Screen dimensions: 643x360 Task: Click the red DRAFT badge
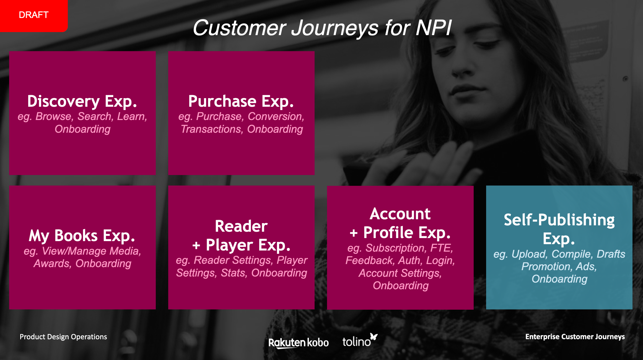tap(33, 15)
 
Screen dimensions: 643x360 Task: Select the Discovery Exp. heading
tap(82, 101)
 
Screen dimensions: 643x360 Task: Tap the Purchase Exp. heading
tap(241, 101)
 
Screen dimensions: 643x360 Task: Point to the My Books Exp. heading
tap(82, 236)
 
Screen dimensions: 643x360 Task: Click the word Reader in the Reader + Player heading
tap(241, 226)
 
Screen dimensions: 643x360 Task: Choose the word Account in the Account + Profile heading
tap(400, 214)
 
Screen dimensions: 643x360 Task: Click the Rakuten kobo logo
tap(298, 343)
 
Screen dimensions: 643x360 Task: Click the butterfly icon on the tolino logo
tap(374, 336)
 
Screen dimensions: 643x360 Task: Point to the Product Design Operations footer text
tap(63, 337)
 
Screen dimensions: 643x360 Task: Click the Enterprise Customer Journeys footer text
tap(575, 337)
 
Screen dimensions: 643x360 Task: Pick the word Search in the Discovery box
tap(94, 116)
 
